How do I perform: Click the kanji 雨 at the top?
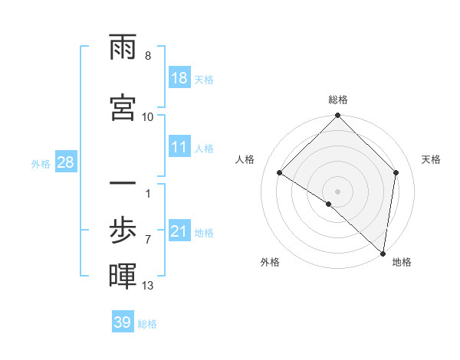(123, 51)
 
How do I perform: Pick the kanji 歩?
(123, 229)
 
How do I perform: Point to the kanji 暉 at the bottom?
(123, 277)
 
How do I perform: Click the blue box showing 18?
(179, 78)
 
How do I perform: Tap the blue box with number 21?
(179, 231)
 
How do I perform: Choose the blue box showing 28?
(65, 162)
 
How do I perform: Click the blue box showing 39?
(123, 322)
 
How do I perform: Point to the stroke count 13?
(148, 286)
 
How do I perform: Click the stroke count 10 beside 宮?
(148, 116)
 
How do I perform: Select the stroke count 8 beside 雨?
(148, 56)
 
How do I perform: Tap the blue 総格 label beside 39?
(147, 324)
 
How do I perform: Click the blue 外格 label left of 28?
(41, 163)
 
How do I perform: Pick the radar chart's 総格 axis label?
(337, 100)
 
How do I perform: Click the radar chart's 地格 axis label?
(402, 262)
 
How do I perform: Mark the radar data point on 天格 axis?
(396, 172)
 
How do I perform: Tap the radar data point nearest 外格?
(329, 204)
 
